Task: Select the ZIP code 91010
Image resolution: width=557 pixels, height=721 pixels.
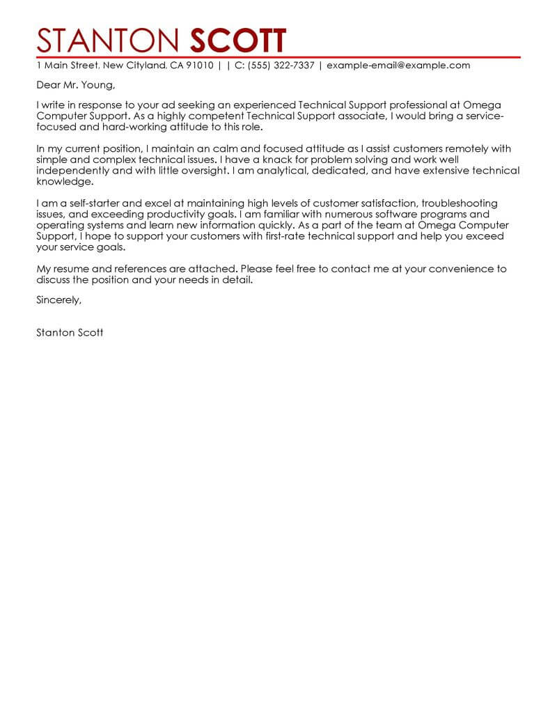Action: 199,65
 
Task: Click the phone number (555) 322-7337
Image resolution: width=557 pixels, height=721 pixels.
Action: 281,65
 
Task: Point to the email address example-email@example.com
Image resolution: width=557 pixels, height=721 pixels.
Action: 398,65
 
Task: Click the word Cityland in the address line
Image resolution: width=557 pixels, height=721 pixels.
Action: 146,65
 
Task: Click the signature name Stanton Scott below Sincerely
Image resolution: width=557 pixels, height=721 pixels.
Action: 70,332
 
